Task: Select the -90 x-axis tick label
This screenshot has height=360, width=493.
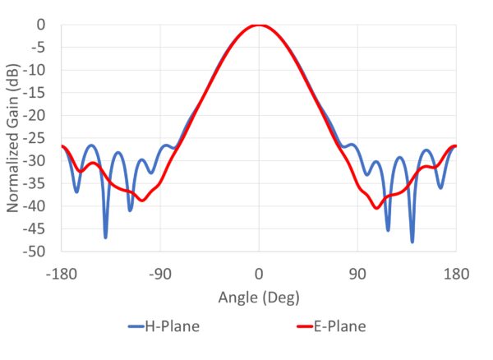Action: point(160,273)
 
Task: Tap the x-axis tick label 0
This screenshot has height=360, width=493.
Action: point(259,273)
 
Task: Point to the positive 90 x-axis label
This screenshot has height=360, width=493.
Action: point(357,273)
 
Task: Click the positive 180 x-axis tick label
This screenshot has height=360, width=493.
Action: point(455,273)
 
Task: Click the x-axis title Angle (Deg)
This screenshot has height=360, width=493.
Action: point(258,296)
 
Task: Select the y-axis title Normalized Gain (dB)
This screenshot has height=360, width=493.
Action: point(14,138)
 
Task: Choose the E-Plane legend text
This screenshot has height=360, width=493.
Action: point(339,327)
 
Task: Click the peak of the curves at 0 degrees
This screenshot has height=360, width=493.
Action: point(259,25)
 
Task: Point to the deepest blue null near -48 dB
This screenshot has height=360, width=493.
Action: point(412,241)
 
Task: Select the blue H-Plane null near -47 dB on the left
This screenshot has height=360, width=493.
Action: point(105,237)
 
